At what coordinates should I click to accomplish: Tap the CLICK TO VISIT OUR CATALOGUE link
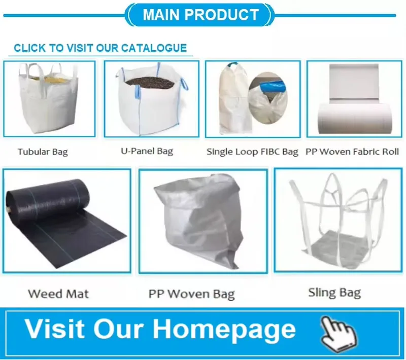tap(100, 48)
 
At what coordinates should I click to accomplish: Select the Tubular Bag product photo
tap(49, 98)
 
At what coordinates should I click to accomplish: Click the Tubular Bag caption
tap(43, 152)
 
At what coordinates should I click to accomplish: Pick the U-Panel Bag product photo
tap(151, 98)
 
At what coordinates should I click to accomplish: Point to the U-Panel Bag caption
tap(147, 151)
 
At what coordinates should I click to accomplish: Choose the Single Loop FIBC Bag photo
tap(252, 99)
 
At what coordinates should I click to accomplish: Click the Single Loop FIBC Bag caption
tap(252, 152)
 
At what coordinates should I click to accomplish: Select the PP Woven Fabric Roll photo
tap(354, 99)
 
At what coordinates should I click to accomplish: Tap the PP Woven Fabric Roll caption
tap(352, 152)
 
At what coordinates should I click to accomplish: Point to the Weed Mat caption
tap(58, 294)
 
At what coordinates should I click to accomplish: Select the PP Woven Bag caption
tap(191, 294)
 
